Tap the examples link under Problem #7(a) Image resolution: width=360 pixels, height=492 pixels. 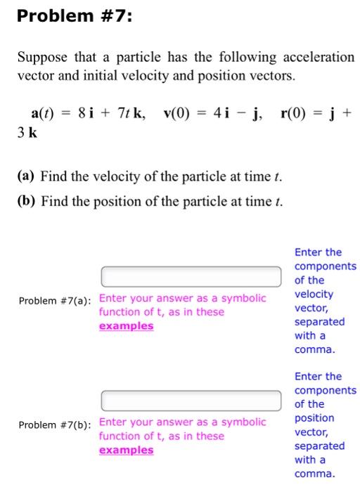pyautogui.click(x=126, y=326)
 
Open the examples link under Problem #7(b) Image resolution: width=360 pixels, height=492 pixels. pyautogui.click(x=126, y=451)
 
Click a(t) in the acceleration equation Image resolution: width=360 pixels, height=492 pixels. pyautogui.click(x=43, y=112)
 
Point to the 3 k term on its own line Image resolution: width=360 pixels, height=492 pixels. pyautogui.click(x=26, y=131)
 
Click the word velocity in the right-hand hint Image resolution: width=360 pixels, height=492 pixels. pyautogui.click(x=314, y=294)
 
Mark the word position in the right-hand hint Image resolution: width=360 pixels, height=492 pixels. pyautogui.click(x=314, y=418)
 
